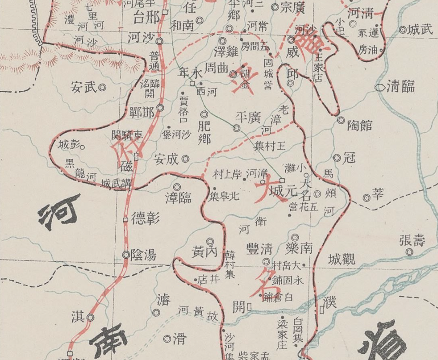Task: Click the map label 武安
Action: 83,88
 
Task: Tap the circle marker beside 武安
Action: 102,88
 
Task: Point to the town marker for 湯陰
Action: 126,255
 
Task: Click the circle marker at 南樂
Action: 295,238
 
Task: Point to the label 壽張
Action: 412,241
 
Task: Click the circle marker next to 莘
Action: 366,198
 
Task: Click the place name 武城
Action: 420,30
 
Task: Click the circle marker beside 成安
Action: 186,158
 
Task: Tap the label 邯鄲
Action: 142,113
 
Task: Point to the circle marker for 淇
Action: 90,318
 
